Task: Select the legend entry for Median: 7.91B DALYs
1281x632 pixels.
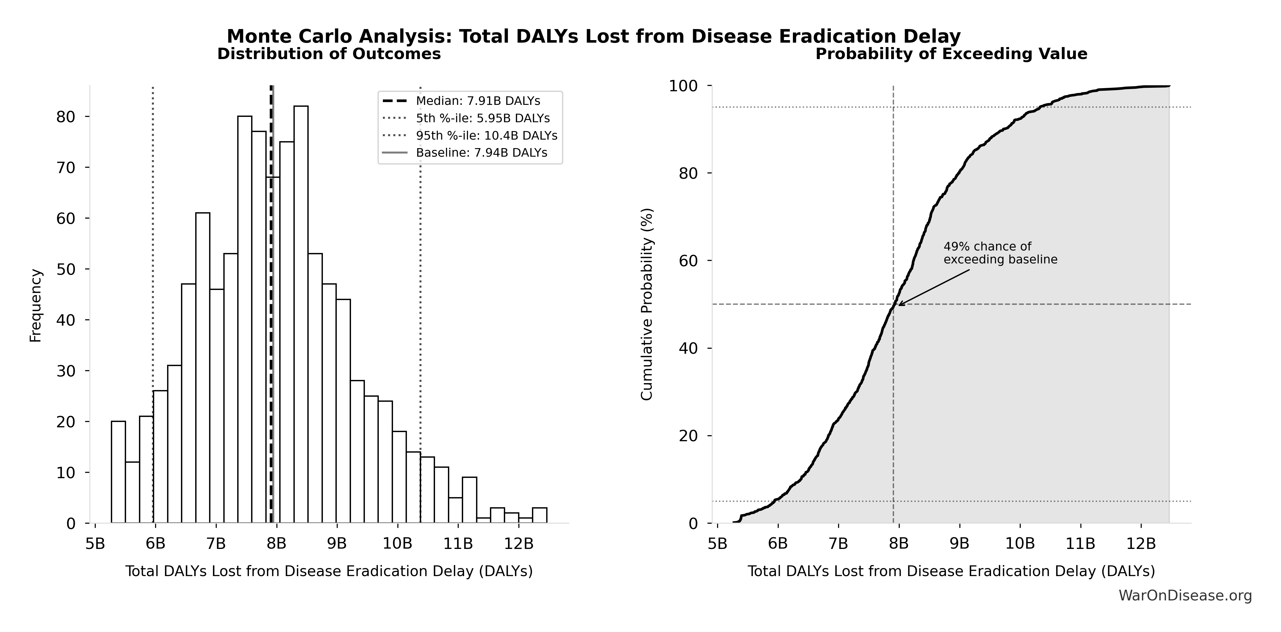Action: (x=477, y=101)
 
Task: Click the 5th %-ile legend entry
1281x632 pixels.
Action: (x=482, y=118)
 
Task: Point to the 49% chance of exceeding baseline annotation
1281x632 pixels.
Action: (x=1000, y=253)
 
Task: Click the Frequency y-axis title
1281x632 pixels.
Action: (x=36, y=305)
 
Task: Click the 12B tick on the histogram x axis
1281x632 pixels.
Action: (x=519, y=543)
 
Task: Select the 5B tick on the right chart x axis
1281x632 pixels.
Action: (x=717, y=543)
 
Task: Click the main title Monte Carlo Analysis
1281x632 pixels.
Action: (x=593, y=36)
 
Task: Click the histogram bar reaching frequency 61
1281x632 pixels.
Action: (x=202, y=368)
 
